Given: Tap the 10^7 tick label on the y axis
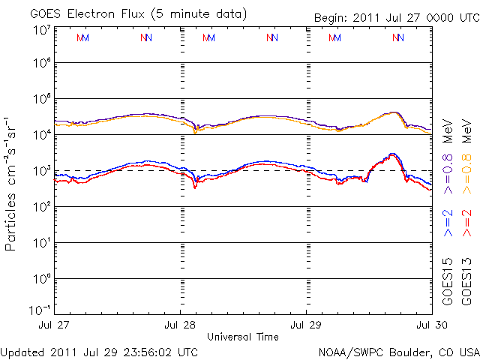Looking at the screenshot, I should (x=40, y=31).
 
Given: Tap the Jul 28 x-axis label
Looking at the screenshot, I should (x=181, y=325).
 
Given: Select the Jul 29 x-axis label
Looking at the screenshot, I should (x=306, y=325).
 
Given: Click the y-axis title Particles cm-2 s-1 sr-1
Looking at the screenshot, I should (x=13, y=183).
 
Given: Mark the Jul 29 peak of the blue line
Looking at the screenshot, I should (x=391, y=154).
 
